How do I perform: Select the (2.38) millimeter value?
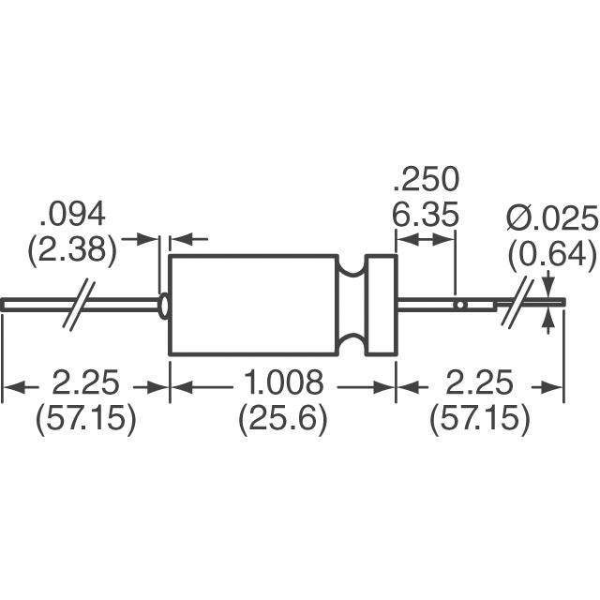pyautogui.click(x=78, y=250)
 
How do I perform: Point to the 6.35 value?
pyautogui.click(x=426, y=216)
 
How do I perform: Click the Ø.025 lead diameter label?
pyautogui.click(x=551, y=218)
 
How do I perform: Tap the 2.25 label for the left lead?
pyautogui.click(x=85, y=383)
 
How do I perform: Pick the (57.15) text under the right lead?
pyautogui.click(x=479, y=419)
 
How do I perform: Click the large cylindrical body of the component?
pyautogui.click(x=252, y=304)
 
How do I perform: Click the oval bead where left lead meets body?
pyautogui.click(x=165, y=306)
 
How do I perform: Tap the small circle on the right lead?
pyautogui.click(x=459, y=306)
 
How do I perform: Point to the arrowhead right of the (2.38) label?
pyautogui.click(x=148, y=240)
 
